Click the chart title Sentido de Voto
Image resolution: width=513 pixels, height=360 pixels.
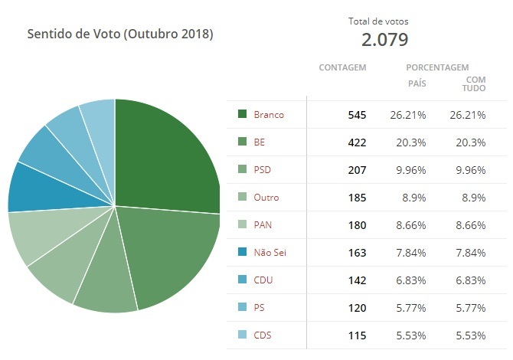120,34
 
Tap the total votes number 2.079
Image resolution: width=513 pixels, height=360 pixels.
374,39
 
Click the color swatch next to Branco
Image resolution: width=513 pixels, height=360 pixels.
243,114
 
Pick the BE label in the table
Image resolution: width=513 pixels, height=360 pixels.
259,142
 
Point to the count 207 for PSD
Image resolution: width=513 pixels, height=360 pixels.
356,169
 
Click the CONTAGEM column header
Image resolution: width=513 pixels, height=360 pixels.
342,67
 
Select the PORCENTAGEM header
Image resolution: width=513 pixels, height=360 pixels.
437,67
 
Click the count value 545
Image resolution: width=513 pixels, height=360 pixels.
356,114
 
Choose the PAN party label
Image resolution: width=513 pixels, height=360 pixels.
263,224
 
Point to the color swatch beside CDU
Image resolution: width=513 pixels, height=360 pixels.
243,280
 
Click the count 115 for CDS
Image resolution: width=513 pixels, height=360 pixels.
356,335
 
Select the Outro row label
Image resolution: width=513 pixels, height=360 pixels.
266,197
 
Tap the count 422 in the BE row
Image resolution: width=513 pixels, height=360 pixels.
356,142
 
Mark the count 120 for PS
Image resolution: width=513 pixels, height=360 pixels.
356,307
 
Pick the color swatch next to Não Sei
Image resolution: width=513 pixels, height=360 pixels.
243,252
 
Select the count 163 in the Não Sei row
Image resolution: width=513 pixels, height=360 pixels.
356,252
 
